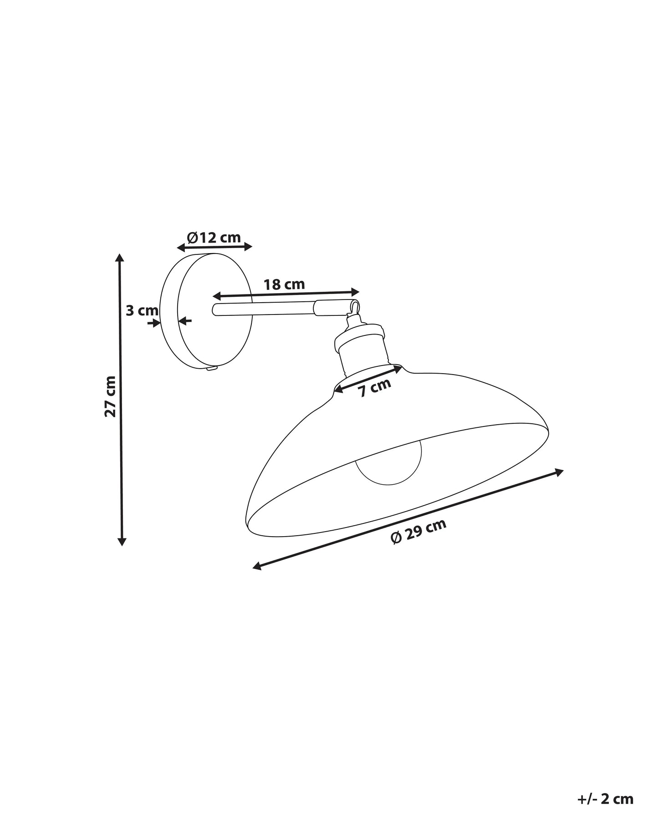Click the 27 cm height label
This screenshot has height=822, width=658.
point(111,396)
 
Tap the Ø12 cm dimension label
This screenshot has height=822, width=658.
point(214,237)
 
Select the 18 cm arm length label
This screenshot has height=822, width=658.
point(284,284)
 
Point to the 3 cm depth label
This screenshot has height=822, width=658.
point(142,311)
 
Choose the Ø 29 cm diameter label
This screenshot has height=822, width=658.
point(418,531)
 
